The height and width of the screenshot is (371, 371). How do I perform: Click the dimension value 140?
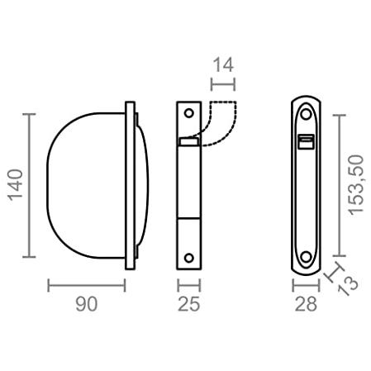pos(15,185)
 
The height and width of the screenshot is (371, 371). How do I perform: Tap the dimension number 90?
pos(87,304)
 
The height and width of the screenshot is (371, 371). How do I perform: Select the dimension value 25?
pos(189,304)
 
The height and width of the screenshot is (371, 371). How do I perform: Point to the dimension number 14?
pos(224,65)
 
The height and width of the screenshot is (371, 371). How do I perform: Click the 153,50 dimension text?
pos(355,185)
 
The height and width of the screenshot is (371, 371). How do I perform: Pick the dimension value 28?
pos(306,304)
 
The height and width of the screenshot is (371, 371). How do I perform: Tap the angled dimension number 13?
pos(348,286)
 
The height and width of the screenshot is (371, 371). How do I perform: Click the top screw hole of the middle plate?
pos(189,113)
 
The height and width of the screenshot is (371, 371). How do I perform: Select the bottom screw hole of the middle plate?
pos(189,258)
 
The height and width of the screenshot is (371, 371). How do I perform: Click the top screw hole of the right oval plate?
pos(306,114)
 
